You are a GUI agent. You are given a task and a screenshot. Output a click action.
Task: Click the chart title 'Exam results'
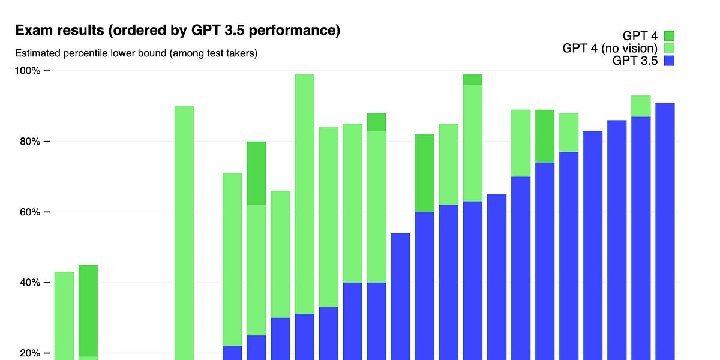(177, 31)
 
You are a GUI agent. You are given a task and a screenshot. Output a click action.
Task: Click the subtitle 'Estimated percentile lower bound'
(136, 53)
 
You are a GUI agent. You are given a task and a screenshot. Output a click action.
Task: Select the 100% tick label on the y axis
(28, 71)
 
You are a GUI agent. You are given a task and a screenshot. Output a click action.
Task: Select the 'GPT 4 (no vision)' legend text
(610, 48)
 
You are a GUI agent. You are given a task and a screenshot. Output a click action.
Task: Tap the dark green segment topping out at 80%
(256, 173)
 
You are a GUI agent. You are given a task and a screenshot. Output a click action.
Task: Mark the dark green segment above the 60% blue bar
(425, 173)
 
